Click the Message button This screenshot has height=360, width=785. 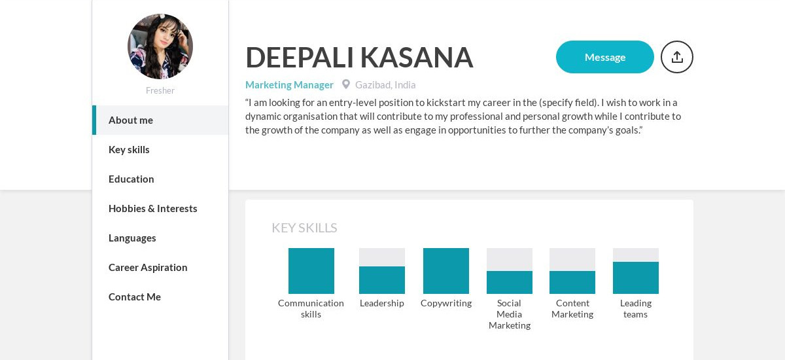(x=604, y=57)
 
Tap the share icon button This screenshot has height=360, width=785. (x=676, y=57)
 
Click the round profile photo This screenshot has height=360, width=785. (x=160, y=46)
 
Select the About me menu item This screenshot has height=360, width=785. (x=131, y=120)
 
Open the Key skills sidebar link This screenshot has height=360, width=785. (x=129, y=149)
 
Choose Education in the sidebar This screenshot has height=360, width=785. (x=131, y=179)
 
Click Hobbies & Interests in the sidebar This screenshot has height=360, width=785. (x=152, y=208)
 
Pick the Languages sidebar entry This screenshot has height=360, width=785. (x=132, y=238)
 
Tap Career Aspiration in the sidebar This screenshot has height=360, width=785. (x=148, y=267)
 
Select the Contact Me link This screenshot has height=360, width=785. (x=135, y=297)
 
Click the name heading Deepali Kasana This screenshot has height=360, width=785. (x=359, y=58)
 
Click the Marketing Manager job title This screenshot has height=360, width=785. (x=289, y=84)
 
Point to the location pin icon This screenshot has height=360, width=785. (x=346, y=84)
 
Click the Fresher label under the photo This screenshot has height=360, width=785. (x=160, y=90)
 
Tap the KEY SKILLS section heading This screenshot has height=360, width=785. (x=304, y=228)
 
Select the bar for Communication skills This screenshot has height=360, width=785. (x=311, y=271)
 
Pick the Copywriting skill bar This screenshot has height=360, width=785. (x=446, y=271)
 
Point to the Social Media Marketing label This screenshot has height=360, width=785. (x=510, y=314)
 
